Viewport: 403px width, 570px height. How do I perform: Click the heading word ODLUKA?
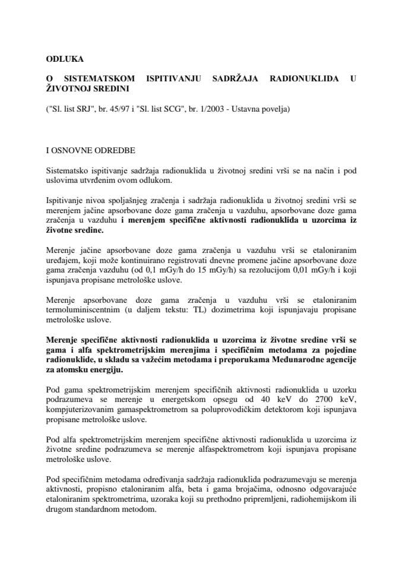(x=65, y=59)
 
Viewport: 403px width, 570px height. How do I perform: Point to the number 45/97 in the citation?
(x=122, y=109)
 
